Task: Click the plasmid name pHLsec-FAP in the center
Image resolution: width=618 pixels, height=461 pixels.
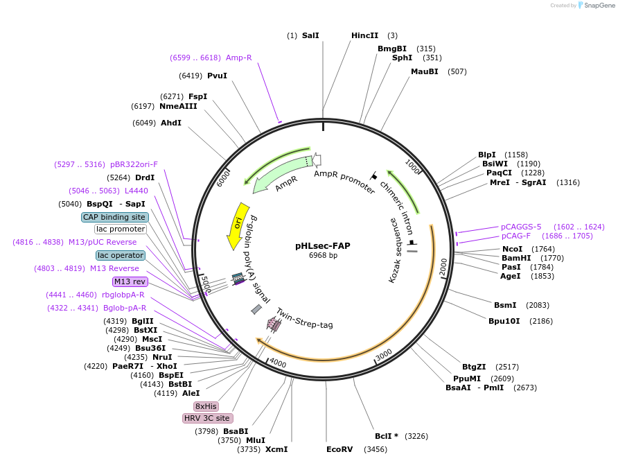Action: (323, 245)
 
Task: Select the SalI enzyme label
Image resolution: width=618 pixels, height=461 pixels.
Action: (310, 35)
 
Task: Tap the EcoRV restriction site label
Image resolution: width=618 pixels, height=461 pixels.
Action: (339, 450)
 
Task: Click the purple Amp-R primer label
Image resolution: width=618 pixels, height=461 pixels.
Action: (239, 58)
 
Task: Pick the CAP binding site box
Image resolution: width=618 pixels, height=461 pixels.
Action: (114, 217)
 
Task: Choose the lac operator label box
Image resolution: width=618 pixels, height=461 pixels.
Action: (121, 255)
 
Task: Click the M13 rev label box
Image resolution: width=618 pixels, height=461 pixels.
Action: (130, 281)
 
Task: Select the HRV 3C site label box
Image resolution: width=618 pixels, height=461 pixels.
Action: (207, 419)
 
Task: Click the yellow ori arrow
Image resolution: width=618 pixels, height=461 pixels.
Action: (238, 225)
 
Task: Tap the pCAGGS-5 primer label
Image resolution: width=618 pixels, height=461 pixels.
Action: (521, 227)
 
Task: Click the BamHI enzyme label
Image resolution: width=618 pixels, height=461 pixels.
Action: (516, 258)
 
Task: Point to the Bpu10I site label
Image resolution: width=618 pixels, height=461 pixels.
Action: (506, 321)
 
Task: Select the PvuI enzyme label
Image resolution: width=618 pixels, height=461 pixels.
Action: (217, 76)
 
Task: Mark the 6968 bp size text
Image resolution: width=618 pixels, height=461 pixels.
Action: (323, 256)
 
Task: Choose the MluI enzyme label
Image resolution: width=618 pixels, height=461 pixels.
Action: (256, 440)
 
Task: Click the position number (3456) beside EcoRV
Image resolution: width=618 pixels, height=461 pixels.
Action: (376, 450)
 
